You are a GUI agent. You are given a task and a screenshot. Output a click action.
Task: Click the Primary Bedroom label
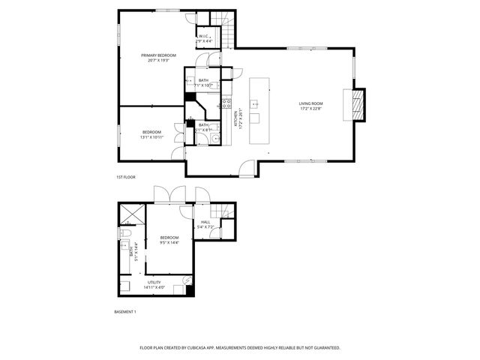click(158, 58)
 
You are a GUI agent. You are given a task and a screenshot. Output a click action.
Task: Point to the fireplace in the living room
click(358, 105)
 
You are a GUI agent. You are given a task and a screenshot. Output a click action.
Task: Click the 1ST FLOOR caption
click(124, 177)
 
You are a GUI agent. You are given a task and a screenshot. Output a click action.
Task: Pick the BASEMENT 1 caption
click(124, 311)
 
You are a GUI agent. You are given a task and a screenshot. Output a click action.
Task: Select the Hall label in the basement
click(206, 223)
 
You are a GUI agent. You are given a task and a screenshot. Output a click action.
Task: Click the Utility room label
click(153, 284)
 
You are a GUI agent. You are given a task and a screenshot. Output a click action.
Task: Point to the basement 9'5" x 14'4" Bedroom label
click(169, 240)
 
